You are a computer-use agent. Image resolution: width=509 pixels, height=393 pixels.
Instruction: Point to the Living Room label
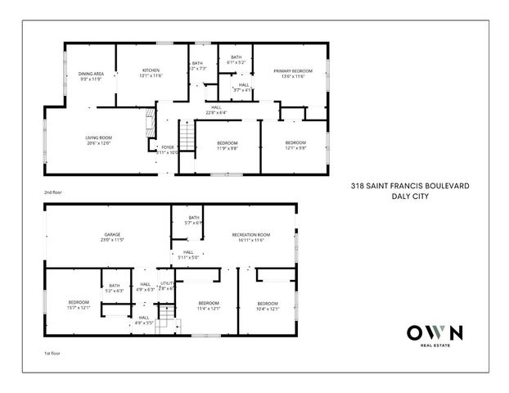[x=97, y=140]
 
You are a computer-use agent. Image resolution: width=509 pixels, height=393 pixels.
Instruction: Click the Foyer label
[x=167, y=149]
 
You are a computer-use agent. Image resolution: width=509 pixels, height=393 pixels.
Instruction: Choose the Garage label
[x=111, y=237]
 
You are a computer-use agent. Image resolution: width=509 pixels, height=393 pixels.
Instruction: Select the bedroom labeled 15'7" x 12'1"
[x=78, y=305]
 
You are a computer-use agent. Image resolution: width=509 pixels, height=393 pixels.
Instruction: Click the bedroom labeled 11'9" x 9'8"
[x=227, y=146]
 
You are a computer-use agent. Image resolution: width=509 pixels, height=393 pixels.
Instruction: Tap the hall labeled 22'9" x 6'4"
[x=216, y=111]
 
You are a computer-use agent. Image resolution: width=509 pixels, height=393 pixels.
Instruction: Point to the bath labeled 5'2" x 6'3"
[x=114, y=288]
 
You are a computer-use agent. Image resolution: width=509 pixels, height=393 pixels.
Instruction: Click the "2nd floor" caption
[x=53, y=192]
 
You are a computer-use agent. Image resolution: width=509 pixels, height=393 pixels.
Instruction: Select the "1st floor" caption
[x=52, y=355]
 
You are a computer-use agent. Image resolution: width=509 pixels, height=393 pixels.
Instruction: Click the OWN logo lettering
[x=435, y=333]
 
